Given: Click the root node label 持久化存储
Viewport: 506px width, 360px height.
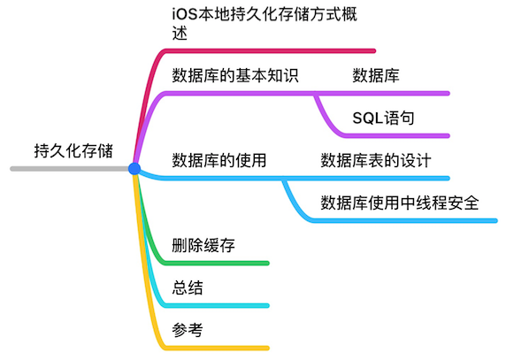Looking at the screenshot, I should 73,149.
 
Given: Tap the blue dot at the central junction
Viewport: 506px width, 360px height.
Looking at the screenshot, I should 134,168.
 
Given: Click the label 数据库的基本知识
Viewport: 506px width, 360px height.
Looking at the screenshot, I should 234,75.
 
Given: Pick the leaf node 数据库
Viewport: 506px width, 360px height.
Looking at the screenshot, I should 376,75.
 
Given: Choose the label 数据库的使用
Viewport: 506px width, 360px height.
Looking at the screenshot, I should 219,160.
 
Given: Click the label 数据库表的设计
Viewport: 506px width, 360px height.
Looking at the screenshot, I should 376,160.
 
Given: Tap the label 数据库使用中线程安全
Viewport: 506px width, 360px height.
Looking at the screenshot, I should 400,203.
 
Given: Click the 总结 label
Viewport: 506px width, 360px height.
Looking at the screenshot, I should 188,287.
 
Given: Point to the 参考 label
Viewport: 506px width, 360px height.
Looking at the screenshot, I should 188,330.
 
